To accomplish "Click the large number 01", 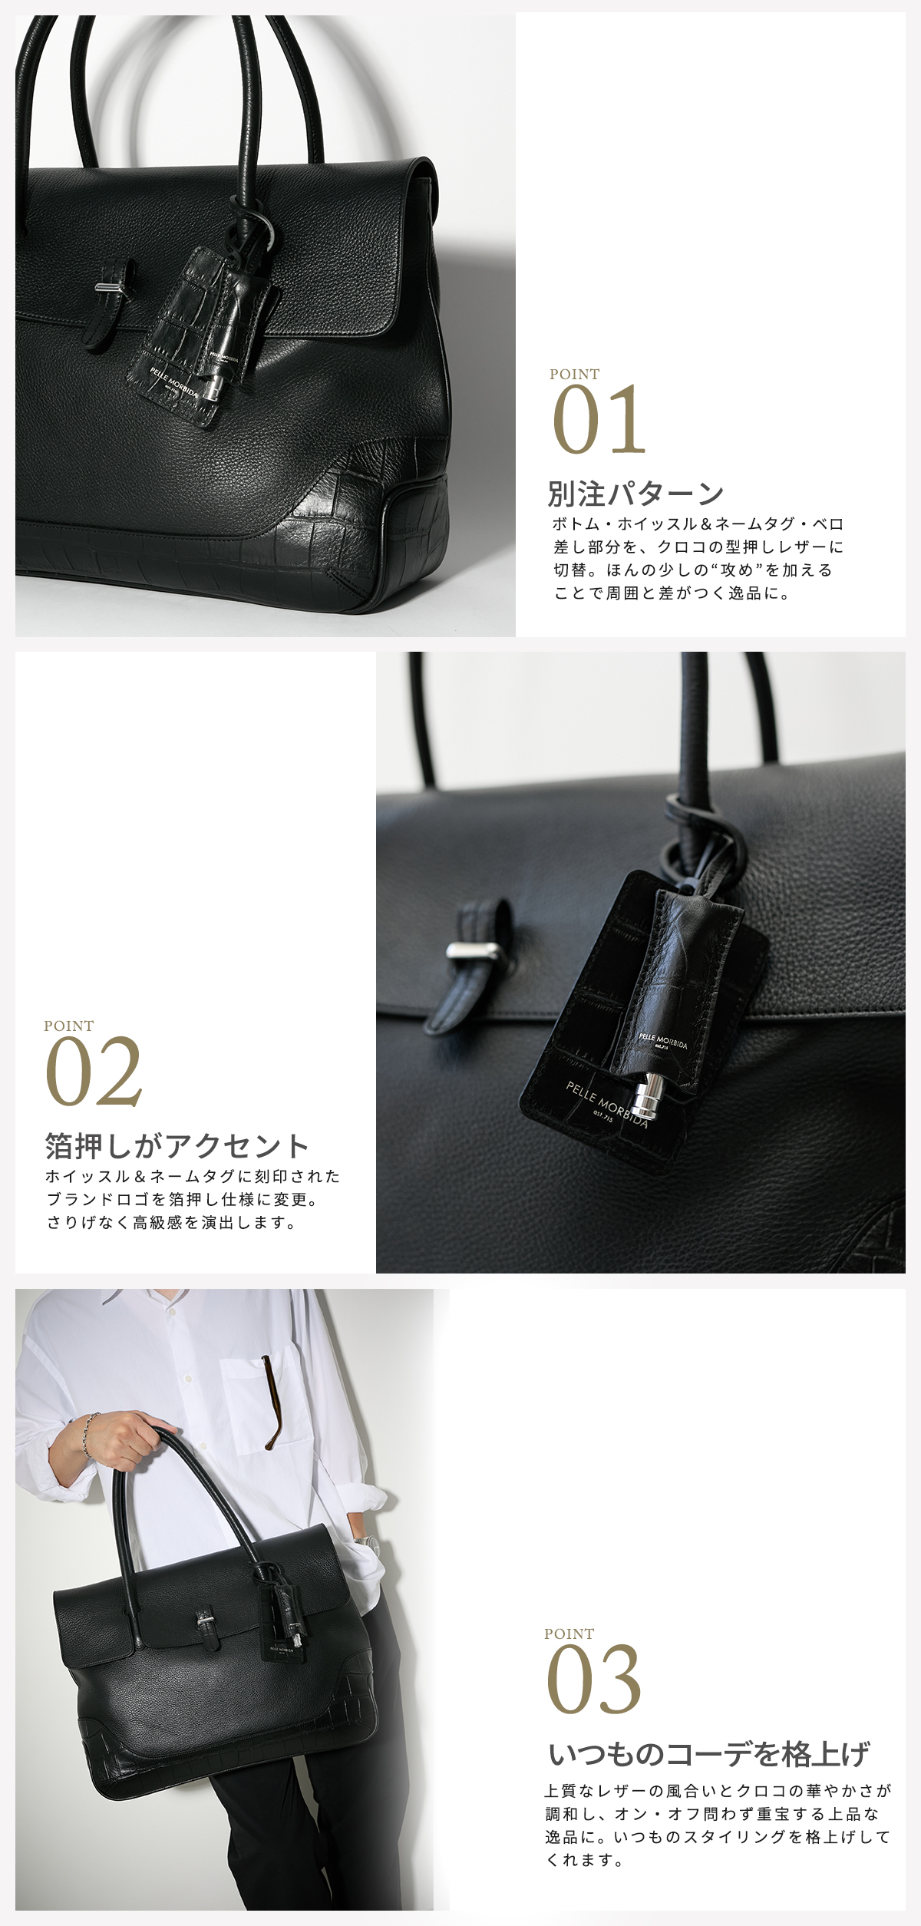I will point(599,420).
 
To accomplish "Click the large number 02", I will point(94,1072).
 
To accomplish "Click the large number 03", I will point(593,1680).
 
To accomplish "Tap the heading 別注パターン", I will point(635,494).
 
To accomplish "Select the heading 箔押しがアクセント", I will point(177,1145).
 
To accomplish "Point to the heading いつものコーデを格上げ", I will point(709,1754).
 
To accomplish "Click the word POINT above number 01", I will point(574,374).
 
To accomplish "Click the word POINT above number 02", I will point(68,1026).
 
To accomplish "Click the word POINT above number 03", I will point(569,1634).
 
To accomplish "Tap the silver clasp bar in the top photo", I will point(110,288).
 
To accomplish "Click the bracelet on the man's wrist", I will point(90,1434).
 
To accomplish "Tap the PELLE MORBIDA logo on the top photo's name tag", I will point(174,383).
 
